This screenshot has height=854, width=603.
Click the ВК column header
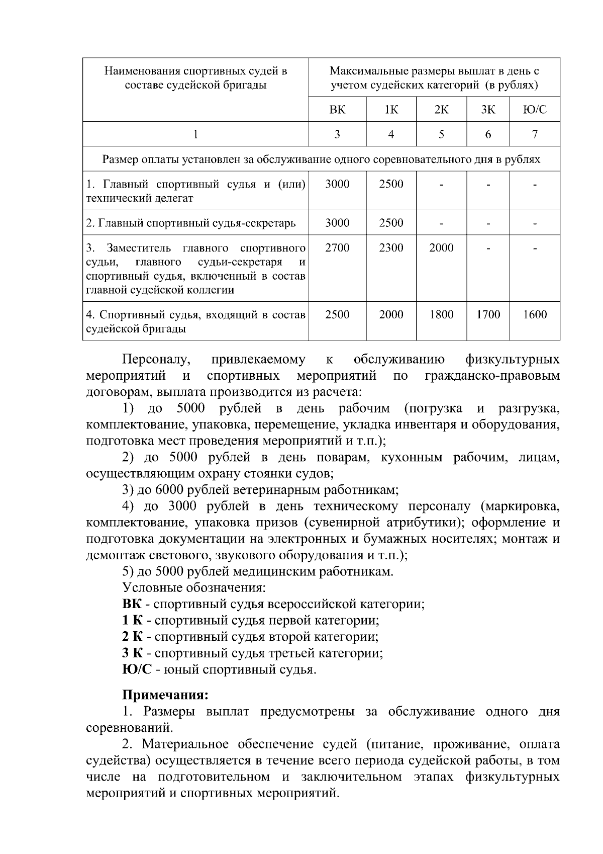pyautogui.click(x=337, y=110)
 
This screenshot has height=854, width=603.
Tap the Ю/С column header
pyautogui.click(x=535, y=110)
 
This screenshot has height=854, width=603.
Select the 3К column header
pyautogui.click(x=487, y=110)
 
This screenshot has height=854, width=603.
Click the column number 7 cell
pyautogui.click(x=535, y=134)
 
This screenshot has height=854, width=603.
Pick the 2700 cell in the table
pyautogui.click(x=337, y=248)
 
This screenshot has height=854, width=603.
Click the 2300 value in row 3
pyautogui.click(x=391, y=248)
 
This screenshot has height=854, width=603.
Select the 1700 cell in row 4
pyautogui.click(x=488, y=315)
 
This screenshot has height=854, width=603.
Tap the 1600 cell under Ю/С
pyautogui.click(x=535, y=315)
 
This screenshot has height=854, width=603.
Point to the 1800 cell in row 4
pyautogui.click(x=441, y=315)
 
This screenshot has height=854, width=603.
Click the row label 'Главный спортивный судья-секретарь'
pyautogui.click(x=191, y=223)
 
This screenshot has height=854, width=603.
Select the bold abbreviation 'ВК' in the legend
pyautogui.click(x=132, y=604)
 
